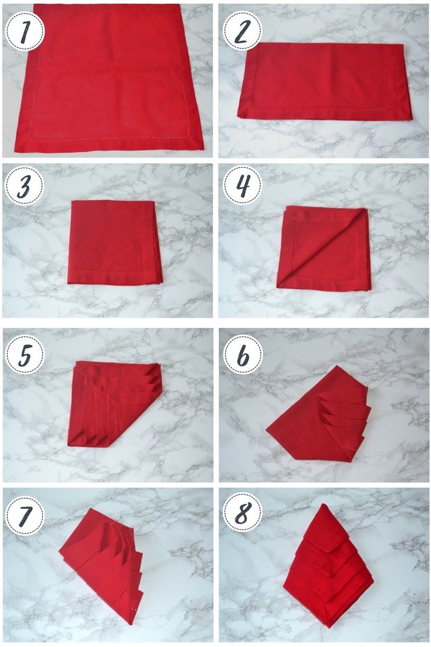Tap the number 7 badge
point(25,515)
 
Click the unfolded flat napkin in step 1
point(109,78)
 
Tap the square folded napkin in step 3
point(115,242)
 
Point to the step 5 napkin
point(115,404)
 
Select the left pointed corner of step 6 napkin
point(267,430)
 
